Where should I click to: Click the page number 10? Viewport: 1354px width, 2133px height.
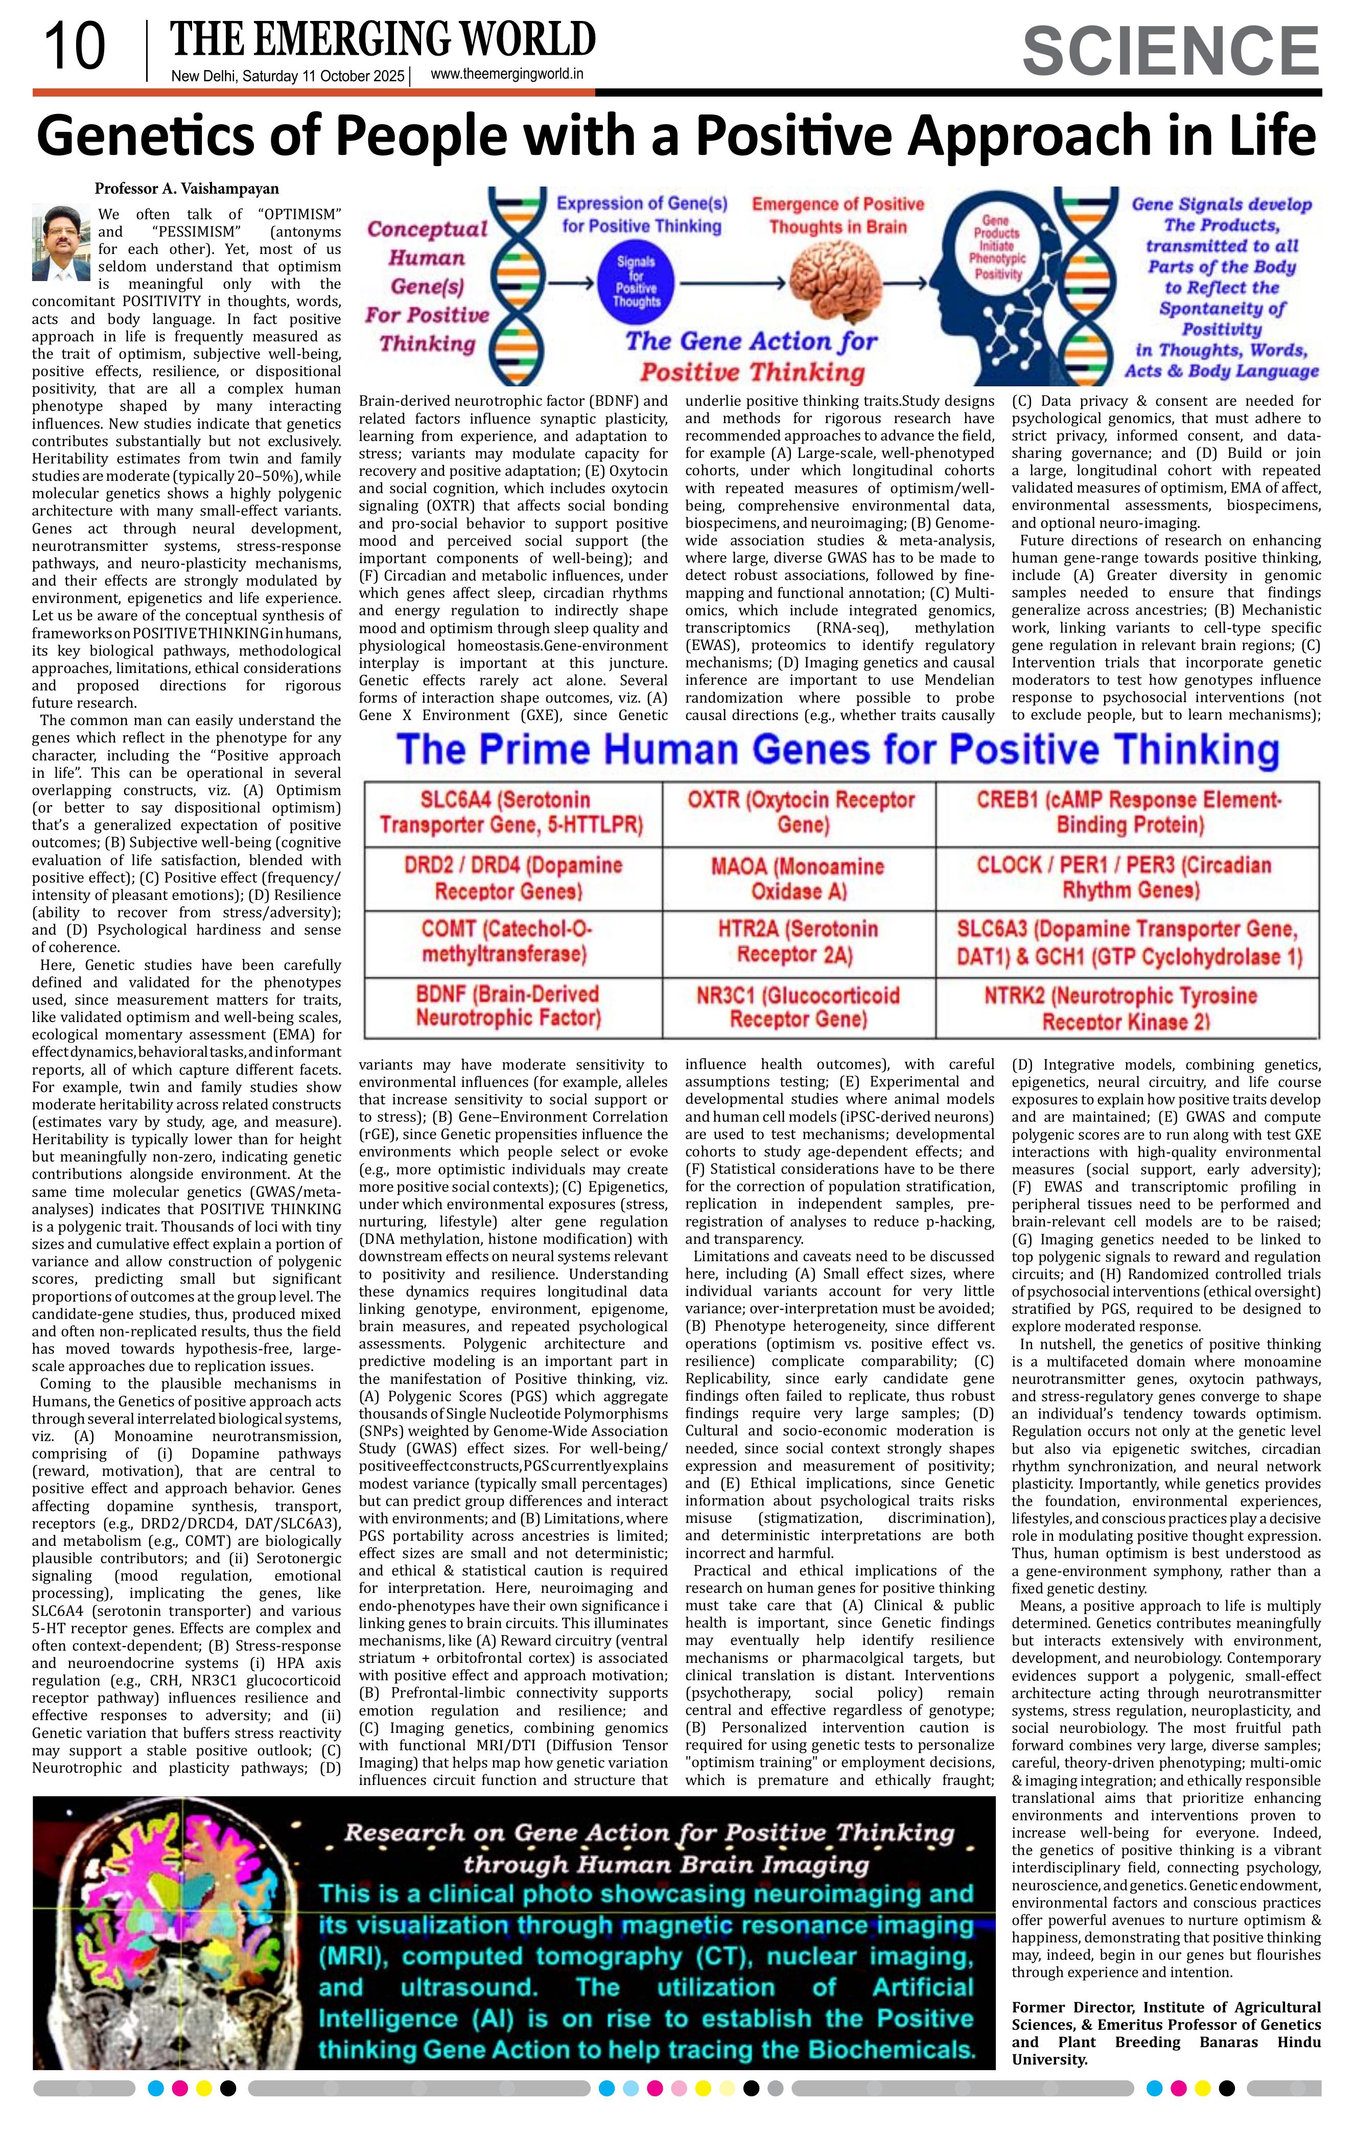click(x=75, y=48)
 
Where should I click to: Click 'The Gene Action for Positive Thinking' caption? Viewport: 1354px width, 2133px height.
click(x=751, y=355)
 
